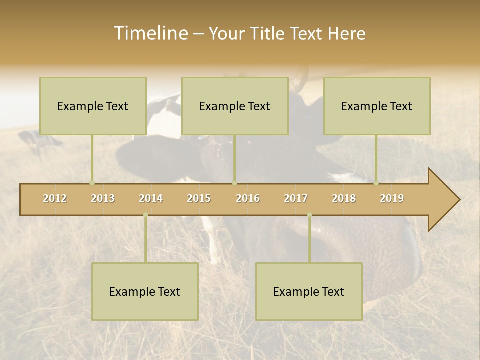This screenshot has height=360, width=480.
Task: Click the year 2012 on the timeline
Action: click(55, 198)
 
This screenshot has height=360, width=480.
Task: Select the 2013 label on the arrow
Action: click(103, 198)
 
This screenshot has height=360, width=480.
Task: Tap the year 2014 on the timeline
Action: click(151, 198)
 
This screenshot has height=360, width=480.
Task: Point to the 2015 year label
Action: click(199, 198)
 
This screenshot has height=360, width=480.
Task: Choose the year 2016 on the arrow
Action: click(248, 198)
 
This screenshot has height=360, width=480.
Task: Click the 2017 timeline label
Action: click(296, 198)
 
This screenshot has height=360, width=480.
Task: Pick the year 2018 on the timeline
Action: click(344, 198)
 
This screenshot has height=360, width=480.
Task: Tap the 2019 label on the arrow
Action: click(392, 198)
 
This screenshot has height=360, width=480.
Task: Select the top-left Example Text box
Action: click(93, 106)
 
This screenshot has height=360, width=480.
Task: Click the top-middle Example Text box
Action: click(235, 106)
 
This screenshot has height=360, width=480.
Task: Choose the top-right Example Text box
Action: click(377, 106)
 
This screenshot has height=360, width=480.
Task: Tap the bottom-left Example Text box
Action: click(145, 291)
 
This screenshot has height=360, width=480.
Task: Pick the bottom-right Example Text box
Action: click(309, 291)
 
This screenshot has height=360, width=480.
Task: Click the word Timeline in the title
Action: click(150, 33)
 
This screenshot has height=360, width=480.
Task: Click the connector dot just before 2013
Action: click(92, 183)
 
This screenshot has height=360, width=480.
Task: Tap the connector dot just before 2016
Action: click(234, 183)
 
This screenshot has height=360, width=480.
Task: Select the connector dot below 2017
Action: click(309, 215)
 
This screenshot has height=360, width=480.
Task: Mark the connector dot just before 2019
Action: click(376, 183)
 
